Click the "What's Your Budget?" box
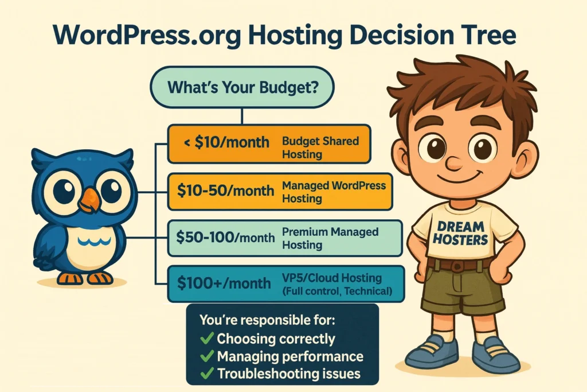tap(242, 87)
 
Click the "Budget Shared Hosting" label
tap(320, 147)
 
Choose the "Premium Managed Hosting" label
tap(330, 238)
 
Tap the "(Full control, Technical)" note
tap(338, 292)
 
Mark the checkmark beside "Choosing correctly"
tap(206, 339)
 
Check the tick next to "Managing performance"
tap(206, 356)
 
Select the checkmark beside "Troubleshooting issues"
tap(206, 374)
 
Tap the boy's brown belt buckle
tap(457, 267)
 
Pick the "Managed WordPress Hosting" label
tap(334, 192)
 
